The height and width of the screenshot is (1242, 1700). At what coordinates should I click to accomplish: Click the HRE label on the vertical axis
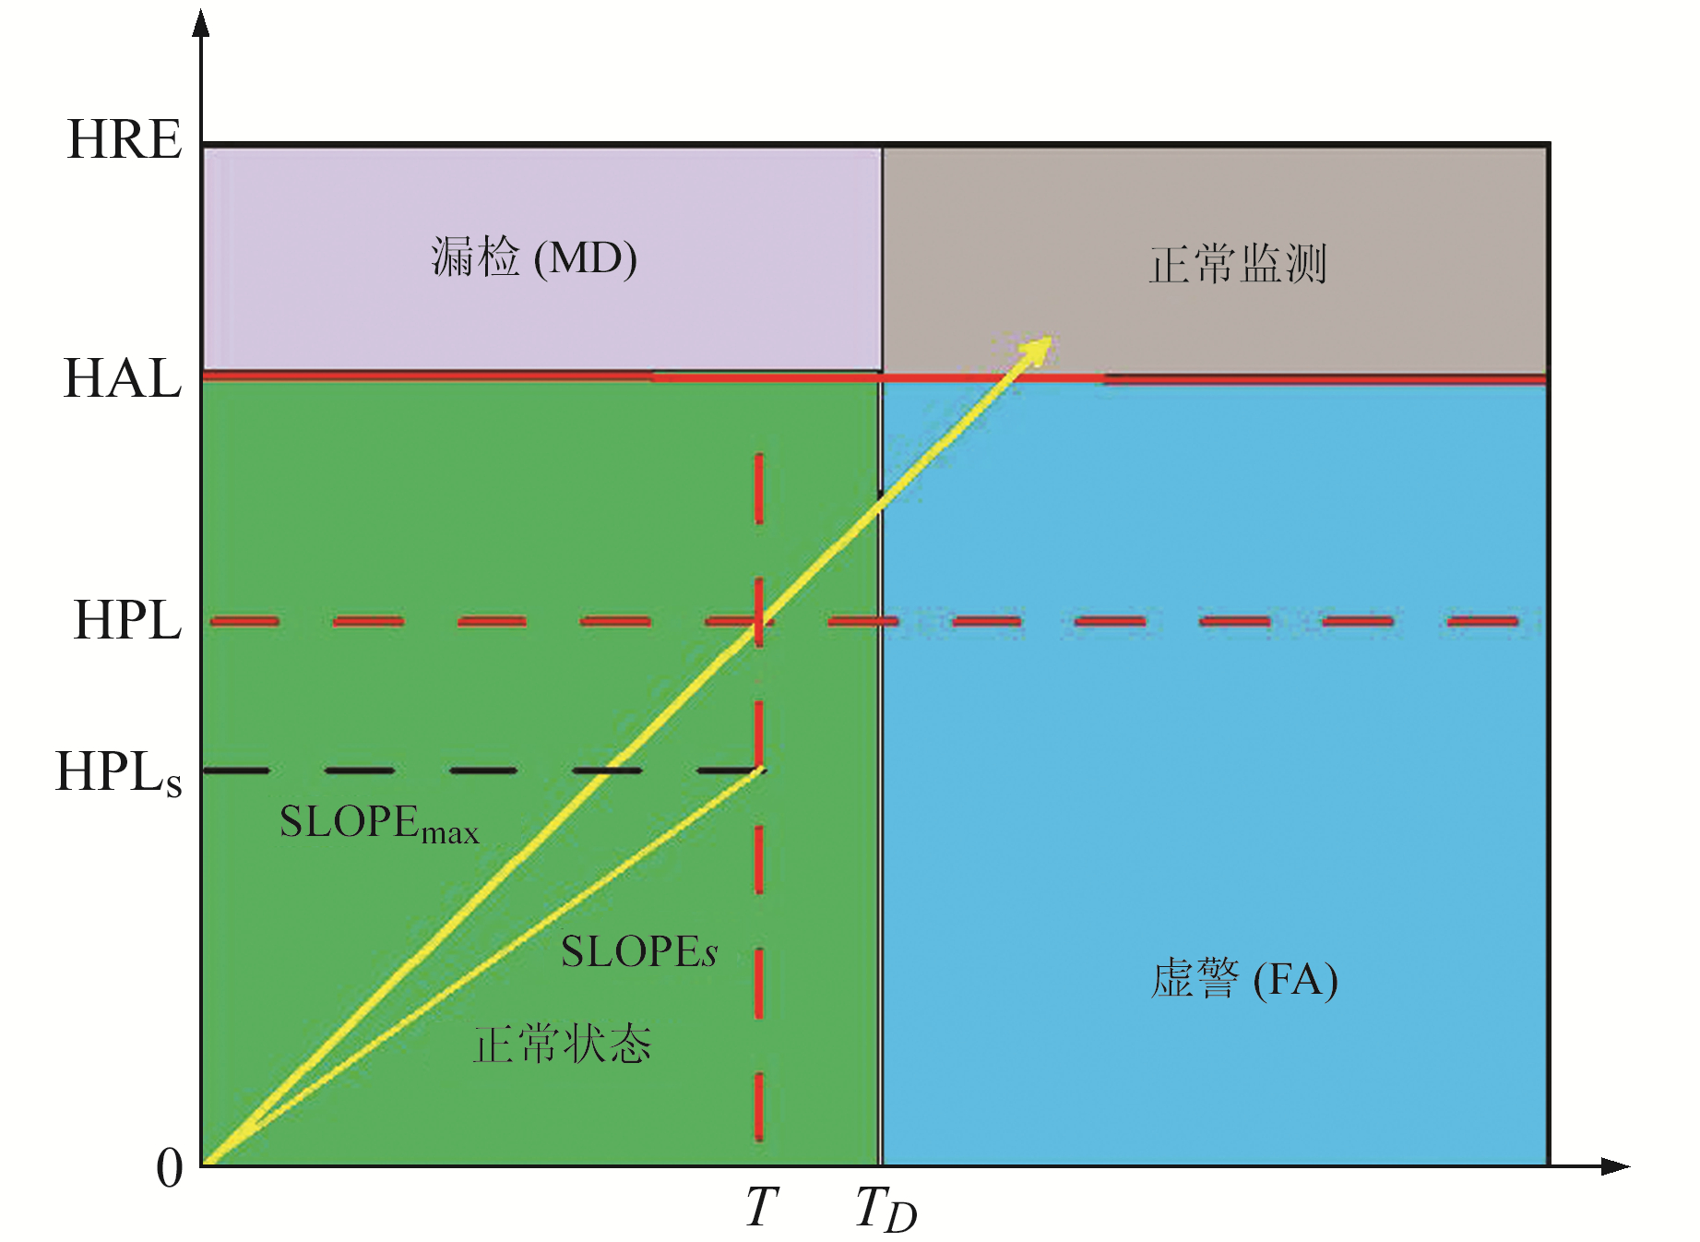click(125, 140)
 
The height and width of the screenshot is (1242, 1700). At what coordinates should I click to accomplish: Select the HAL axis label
click(123, 378)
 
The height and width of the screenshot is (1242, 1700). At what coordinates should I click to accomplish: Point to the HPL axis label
click(127, 619)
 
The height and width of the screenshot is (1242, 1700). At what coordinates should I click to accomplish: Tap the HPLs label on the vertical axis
click(118, 772)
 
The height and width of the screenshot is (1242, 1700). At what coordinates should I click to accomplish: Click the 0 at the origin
click(169, 1168)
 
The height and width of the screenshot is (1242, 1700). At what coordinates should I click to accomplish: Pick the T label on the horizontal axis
click(762, 1207)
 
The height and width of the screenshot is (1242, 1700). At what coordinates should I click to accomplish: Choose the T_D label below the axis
click(886, 1209)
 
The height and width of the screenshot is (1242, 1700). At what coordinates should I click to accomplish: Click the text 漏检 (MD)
click(534, 257)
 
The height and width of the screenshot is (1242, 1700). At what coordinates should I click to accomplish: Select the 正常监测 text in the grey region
click(1237, 264)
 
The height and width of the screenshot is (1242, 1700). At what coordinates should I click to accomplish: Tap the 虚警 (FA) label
click(1244, 979)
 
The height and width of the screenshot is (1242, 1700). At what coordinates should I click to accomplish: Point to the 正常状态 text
click(562, 1045)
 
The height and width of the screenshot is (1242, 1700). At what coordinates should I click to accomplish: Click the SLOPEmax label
click(379, 823)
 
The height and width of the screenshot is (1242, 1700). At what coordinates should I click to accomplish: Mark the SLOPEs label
click(639, 952)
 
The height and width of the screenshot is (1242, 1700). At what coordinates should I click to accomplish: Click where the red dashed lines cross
click(759, 621)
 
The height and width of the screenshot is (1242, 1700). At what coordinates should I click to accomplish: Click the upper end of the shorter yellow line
click(762, 770)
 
